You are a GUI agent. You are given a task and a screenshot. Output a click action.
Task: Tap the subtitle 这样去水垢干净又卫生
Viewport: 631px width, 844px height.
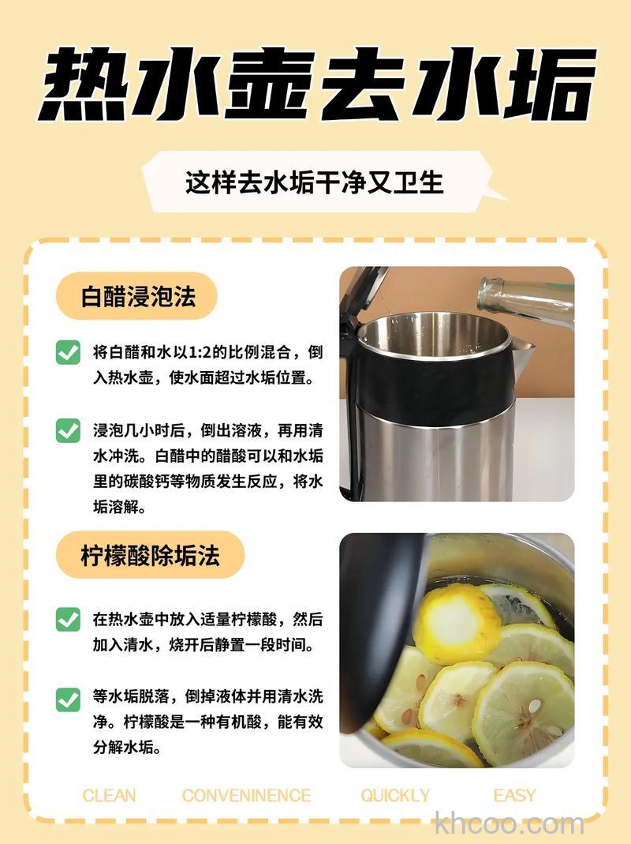[315, 182]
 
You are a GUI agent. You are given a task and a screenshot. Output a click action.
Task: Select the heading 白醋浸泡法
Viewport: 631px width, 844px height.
[138, 297]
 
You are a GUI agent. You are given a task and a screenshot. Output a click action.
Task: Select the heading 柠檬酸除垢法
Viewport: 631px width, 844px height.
[150, 555]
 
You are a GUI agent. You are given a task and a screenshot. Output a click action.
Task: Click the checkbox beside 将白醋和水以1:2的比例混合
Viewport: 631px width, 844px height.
[68, 352]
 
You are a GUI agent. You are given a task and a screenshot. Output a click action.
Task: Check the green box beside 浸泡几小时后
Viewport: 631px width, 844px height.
[68, 430]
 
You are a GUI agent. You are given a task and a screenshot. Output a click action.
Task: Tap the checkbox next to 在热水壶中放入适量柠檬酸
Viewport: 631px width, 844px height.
[68, 619]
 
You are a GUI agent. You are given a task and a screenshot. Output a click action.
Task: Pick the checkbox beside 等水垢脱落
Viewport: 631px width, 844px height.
[68, 699]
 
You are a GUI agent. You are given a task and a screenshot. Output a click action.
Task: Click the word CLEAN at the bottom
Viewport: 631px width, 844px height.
[109, 795]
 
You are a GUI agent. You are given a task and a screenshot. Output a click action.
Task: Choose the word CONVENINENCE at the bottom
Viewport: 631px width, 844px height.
[246, 795]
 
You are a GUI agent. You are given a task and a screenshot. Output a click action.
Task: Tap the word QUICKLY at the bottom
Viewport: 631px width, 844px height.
[395, 795]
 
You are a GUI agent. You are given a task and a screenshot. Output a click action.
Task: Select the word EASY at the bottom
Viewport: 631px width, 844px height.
[514, 795]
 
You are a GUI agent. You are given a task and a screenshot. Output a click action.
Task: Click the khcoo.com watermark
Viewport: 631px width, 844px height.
[510, 824]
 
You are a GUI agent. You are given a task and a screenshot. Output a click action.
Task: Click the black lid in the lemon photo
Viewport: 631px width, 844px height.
[379, 624]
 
